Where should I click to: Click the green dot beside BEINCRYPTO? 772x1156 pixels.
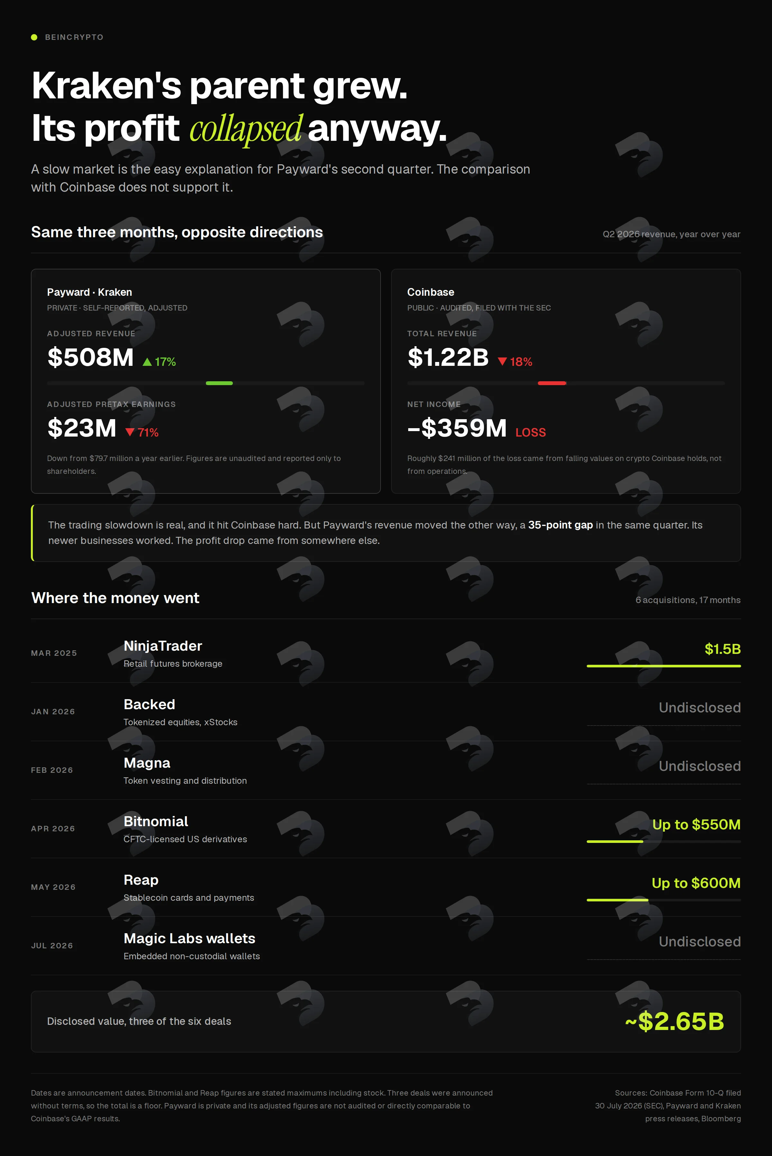(x=34, y=37)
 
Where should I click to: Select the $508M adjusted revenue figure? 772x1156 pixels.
(x=91, y=357)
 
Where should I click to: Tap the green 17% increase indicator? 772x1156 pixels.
(x=159, y=362)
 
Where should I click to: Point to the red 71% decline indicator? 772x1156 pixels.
(x=142, y=432)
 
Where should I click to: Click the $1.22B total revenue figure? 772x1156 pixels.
(x=448, y=357)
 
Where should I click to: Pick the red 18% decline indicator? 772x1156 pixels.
(x=515, y=362)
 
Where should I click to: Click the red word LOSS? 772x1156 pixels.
(x=531, y=432)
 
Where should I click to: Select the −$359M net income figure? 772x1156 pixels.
(x=457, y=428)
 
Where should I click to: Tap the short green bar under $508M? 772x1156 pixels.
(x=219, y=383)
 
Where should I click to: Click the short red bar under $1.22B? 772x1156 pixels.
(x=552, y=383)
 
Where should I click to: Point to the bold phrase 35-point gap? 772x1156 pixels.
(x=560, y=525)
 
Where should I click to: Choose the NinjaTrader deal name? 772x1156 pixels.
(x=163, y=646)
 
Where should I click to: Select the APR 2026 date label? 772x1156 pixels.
(x=53, y=828)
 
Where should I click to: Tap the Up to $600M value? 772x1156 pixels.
(x=696, y=883)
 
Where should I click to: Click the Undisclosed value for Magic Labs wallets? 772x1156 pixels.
(x=700, y=942)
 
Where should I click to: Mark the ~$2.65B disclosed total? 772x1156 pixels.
(x=675, y=1021)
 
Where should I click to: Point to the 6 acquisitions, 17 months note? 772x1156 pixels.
(x=688, y=600)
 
